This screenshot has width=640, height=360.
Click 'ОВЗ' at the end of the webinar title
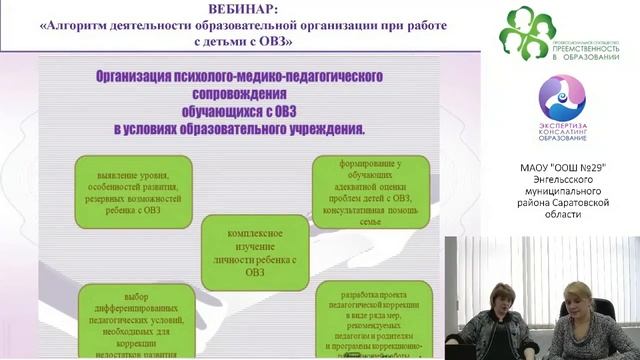click(286, 44)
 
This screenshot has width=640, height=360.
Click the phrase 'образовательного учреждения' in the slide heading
click(275, 129)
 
